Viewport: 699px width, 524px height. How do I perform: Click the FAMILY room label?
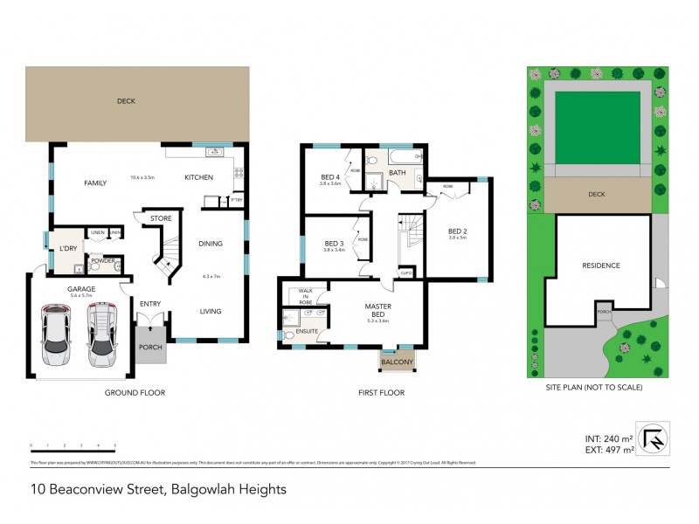[x=94, y=183]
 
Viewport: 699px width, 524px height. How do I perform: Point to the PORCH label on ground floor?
[x=149, y=347]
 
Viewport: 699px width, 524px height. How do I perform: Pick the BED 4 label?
[x=329, y=177]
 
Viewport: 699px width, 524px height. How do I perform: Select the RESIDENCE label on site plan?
[x=601, y=265]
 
